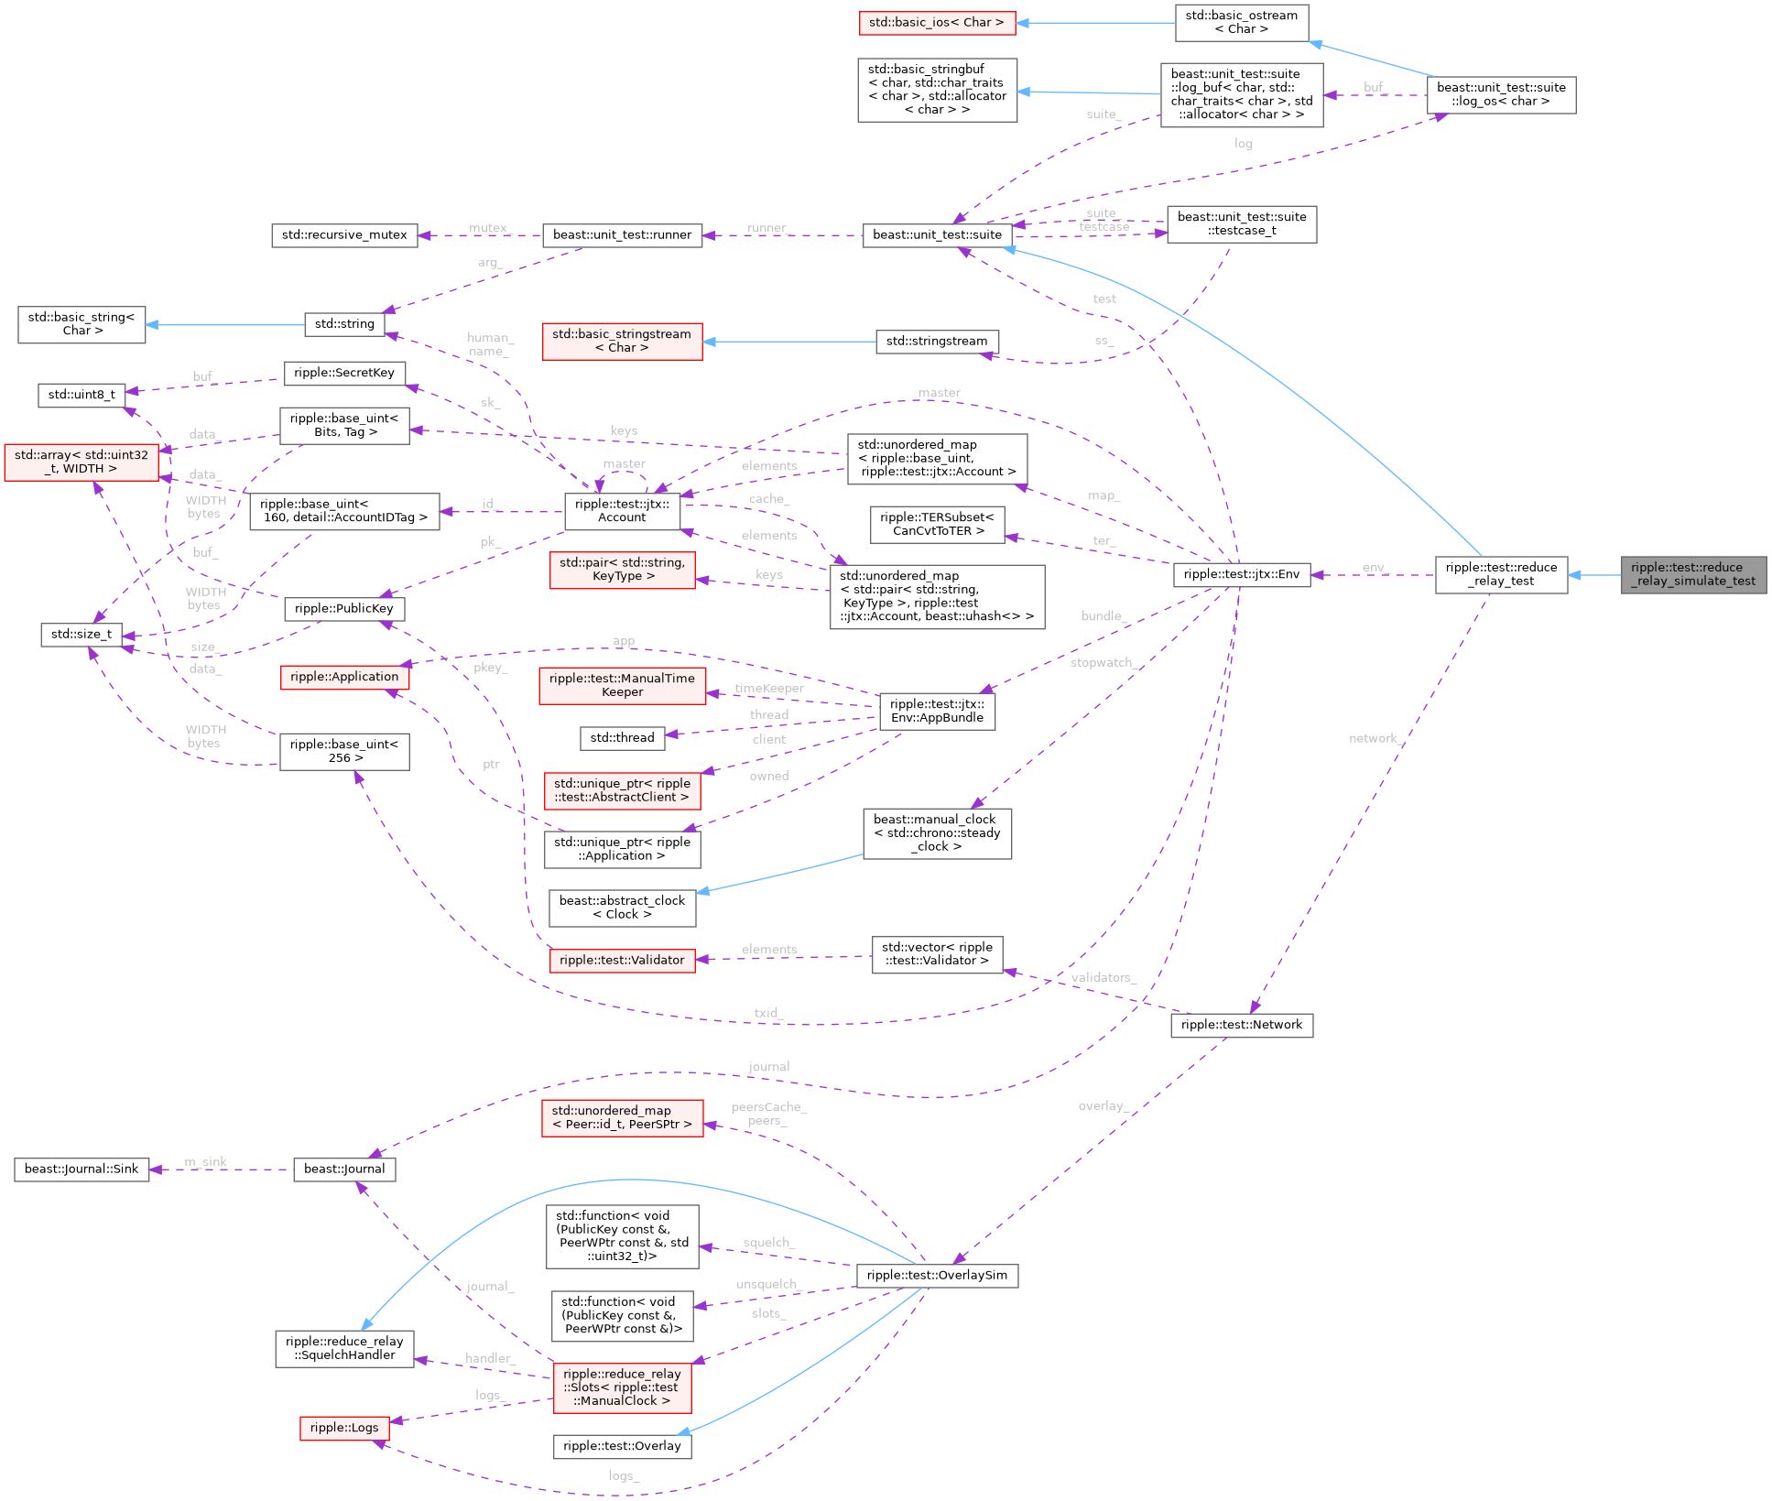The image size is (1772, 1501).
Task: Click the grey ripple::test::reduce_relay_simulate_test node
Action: [x=1693, y=574]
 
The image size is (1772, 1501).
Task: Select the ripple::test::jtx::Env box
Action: [x=1241, y=574]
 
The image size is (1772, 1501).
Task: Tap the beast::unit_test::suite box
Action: [x=937, y=234]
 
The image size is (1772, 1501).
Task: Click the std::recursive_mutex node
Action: [x=344, y=234]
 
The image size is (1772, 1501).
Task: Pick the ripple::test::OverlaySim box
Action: [x=937, y=1275]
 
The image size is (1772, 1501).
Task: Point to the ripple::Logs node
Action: [x=344, y=1427]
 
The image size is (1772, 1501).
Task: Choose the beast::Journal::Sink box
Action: [x=82, y=1169]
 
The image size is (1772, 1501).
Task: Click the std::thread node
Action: [x=622, y=737]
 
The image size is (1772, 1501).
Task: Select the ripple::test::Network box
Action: [x=1241, y=1024]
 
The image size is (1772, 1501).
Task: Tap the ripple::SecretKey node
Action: [x=344, y=373]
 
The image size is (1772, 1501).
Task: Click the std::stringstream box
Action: [x=937, y=341]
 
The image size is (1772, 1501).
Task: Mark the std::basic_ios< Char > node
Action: [x=937, y=22]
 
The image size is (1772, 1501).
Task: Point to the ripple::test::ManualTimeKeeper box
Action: [x=622, y=685]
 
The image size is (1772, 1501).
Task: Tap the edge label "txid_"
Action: [x=768, y=1012]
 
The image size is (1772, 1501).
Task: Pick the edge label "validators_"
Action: [x=1103, y=977]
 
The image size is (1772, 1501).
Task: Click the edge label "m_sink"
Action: [x=206, y=1162]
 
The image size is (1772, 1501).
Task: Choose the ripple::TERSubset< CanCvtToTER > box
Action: [x=937, y=524]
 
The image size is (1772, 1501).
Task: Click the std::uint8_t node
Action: [x=82, y=395]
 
